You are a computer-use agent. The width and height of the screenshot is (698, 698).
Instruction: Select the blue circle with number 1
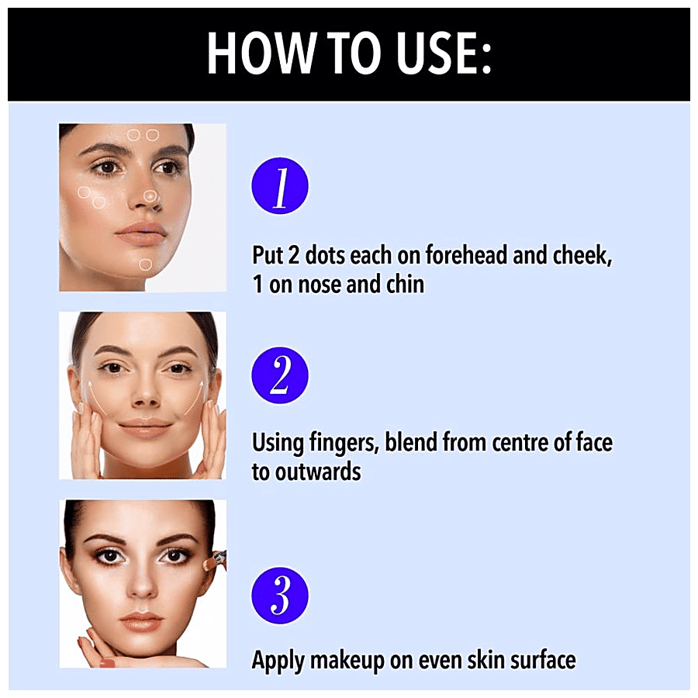coord(280,185)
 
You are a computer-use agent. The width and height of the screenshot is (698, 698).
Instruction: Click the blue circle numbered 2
coord(280,375)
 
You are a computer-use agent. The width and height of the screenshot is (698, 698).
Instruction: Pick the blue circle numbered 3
coord(280,595)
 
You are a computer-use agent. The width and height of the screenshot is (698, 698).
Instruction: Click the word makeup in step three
coord(347,661)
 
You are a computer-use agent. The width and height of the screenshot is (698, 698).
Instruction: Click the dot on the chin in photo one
coord(145,264)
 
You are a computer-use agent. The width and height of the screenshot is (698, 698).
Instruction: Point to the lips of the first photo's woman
coord(140,233)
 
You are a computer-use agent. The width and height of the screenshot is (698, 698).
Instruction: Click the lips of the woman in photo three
coord(142,620)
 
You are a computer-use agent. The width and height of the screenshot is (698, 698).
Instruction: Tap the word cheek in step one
coord(582,255)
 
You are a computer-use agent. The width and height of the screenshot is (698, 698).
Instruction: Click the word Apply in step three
coord(278,661)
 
